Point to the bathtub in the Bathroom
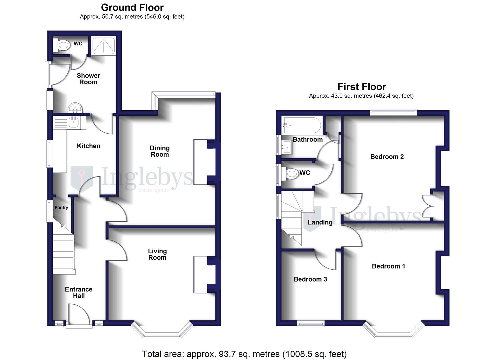pyautogui.click(x=301, y=125)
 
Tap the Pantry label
pyautogui.click(x=61, y=207)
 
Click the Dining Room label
pyautogui.click(x=160, y=151)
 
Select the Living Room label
pyautogui.click(x=157, y=254)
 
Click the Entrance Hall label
pyautogui.click(x=79, y=292)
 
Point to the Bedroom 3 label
pyautogui.click(x=310, y=279)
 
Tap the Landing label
pyautogui.click(x=320, y=222)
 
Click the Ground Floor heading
pyautogui.click(x=132, y=7)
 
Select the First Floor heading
pyautogui.click(x=362, y=87)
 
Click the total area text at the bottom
pyautogui.click(x=244, y=354)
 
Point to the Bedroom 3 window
pyautogui.click(x=311, y=323)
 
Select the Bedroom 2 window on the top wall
pyautogui.click(x=393, y=112)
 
